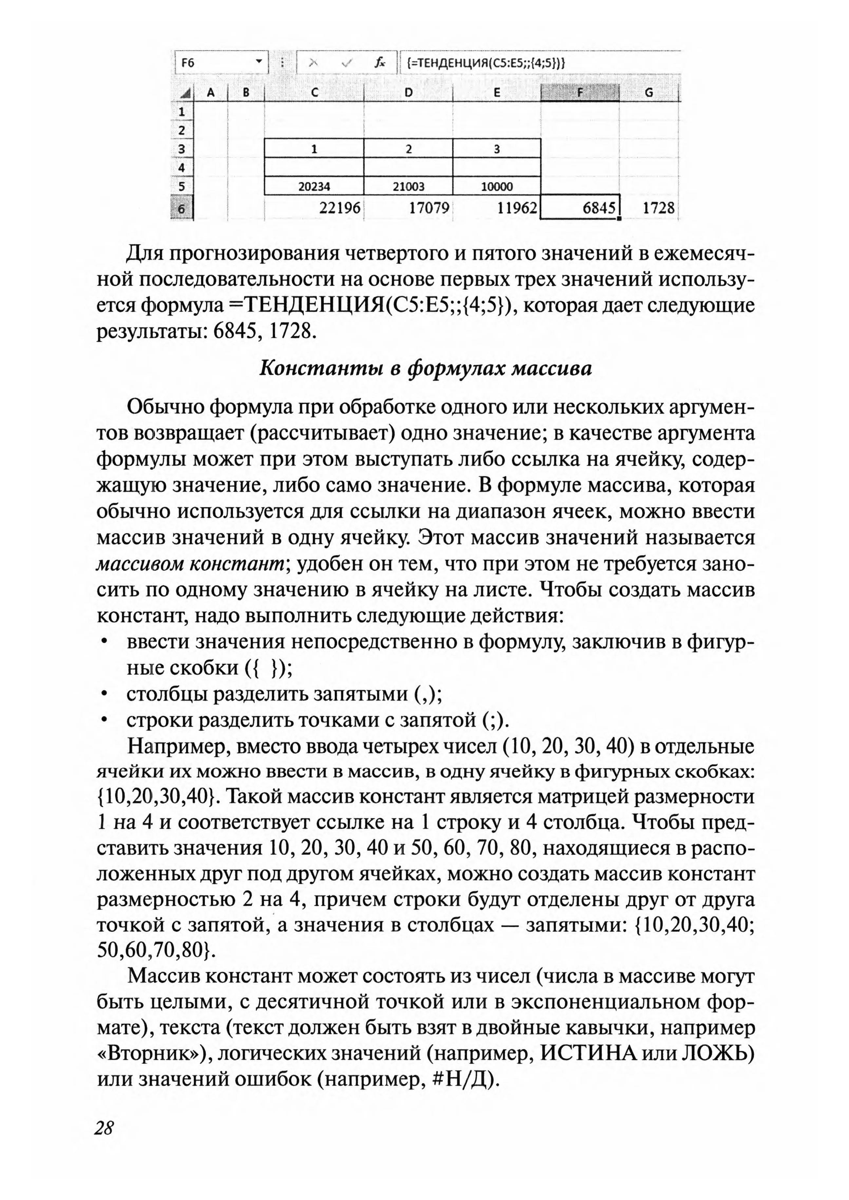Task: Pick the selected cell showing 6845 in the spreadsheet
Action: tap(580, 208)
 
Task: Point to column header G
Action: tap(649, 93)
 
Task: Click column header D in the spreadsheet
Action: tap(408, 93)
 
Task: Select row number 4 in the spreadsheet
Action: tap(182, 168)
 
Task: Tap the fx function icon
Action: tap(380, 63)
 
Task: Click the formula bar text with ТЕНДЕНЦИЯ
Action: tap(485, 63)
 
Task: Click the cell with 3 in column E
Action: tap(497, 149)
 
